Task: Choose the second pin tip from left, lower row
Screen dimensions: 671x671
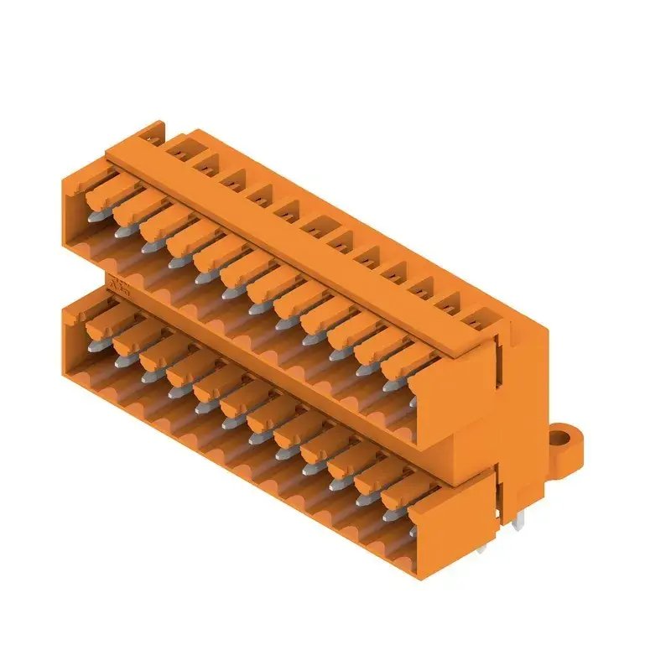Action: click(x=122, y=359)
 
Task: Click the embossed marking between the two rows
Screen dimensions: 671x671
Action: click(x=118, y=289)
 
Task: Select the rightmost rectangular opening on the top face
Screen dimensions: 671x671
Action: click(x=478, y=320)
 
